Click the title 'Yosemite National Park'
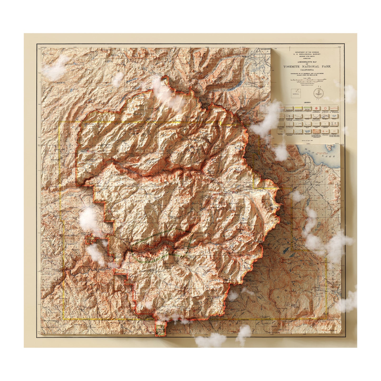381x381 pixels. point(307,66)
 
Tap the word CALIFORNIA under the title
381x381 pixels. point(307,70)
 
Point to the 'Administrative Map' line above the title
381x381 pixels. point(307,62)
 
